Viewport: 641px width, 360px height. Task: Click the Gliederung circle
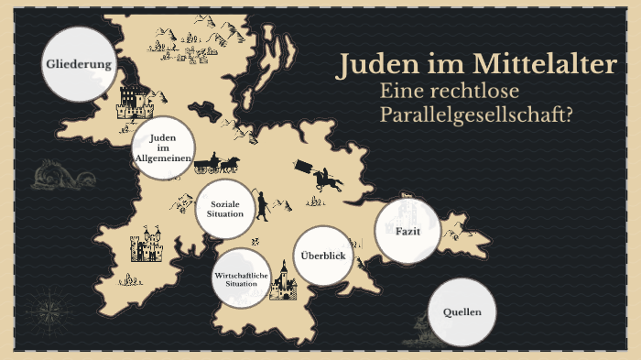pos(81,65)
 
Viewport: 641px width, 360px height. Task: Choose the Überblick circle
pos(323,255)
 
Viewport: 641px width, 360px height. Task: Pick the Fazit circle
pos(407,231)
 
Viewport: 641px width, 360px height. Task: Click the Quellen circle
pos(462,312)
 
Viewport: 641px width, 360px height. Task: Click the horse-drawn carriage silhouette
pos(222,164)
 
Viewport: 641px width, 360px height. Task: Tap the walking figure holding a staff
pos(263,206)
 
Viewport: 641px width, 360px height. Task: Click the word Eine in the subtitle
pos(404,92)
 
